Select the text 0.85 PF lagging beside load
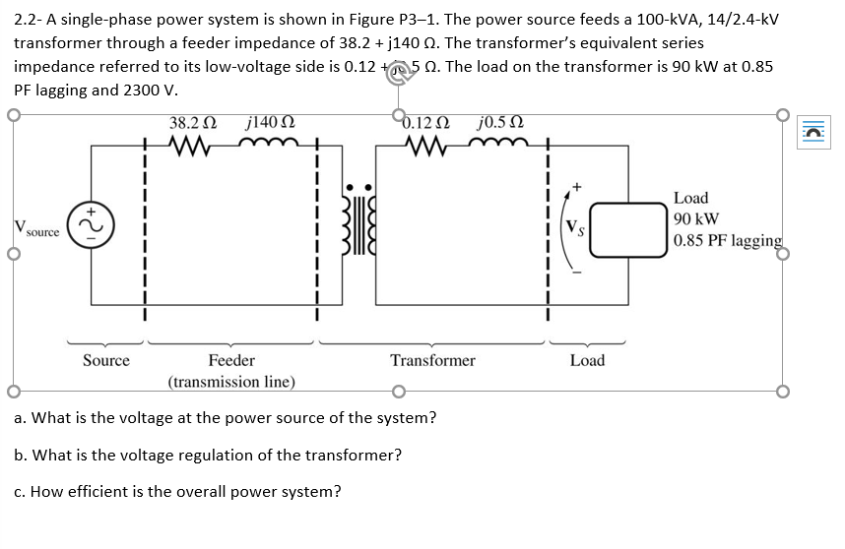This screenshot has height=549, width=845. (728, 241)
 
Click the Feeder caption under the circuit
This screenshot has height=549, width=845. (231, 361)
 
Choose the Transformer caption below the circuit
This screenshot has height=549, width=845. (432, 361)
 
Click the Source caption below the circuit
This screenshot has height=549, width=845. (105, 361)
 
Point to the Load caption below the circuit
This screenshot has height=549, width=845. (587, 361)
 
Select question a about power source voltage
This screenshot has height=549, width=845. (226, 418)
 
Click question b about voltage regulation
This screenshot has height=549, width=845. (208, 456)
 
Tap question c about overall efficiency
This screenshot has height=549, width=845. (178, 492)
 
